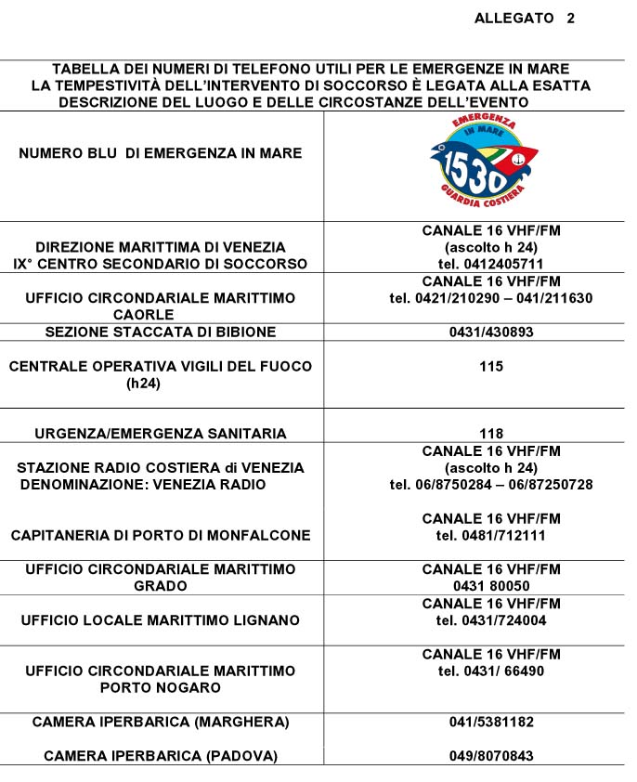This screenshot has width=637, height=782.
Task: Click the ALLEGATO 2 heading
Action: pos(524,19)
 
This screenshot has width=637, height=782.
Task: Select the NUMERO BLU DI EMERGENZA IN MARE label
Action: pos(161,153)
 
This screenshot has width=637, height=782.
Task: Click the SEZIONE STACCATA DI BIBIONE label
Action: pos(161,332)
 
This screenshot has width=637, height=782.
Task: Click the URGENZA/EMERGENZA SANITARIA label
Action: pos(161,434)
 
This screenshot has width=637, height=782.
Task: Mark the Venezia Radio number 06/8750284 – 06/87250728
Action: pos(491,485)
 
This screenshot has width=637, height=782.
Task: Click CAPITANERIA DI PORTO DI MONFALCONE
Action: pos(161,535)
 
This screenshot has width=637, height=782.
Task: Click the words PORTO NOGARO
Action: pos(161,687)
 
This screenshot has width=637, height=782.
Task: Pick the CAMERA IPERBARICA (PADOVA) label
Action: pos(161,756)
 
